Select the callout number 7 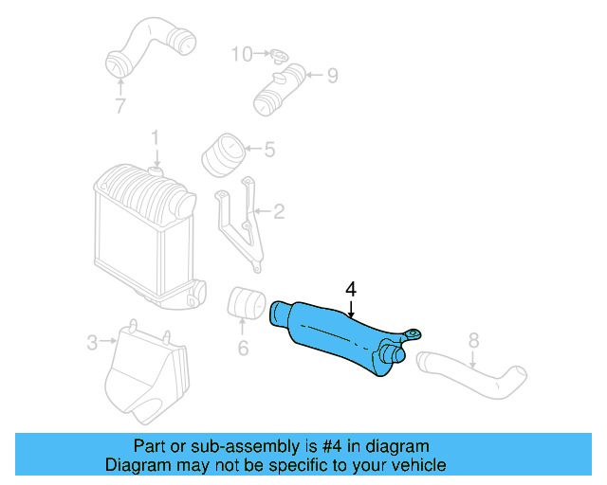tap(120, 106)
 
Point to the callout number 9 tap(332, 76)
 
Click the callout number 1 tap(155, 140)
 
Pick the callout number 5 tap(269, 149)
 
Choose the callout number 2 tap(279, 211)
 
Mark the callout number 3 tap(92, 342)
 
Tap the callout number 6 tap(243, 349)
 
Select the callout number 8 tap(474, 339)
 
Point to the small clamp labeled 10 tap(276, 56)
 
